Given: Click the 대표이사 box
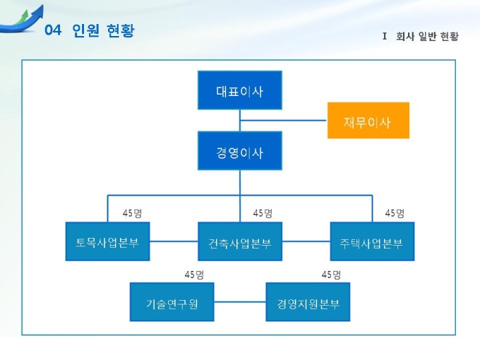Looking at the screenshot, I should click(239, 90).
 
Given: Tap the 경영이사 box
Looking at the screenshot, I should click(239, 151).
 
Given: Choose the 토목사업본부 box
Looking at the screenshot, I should click(107, 241).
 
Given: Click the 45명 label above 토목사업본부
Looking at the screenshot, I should click(132, 213).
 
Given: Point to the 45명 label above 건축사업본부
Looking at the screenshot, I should click(263, 213).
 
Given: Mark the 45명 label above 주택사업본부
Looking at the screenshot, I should click(395, 213).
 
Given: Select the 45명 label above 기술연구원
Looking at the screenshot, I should click(194, 275).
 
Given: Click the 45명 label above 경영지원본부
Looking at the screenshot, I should click(331, 275).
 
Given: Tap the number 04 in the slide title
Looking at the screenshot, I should click(54, 31).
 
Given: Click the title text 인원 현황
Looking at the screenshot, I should click(103, 31).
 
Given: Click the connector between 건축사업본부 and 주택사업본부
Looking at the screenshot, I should click(306, 241).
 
